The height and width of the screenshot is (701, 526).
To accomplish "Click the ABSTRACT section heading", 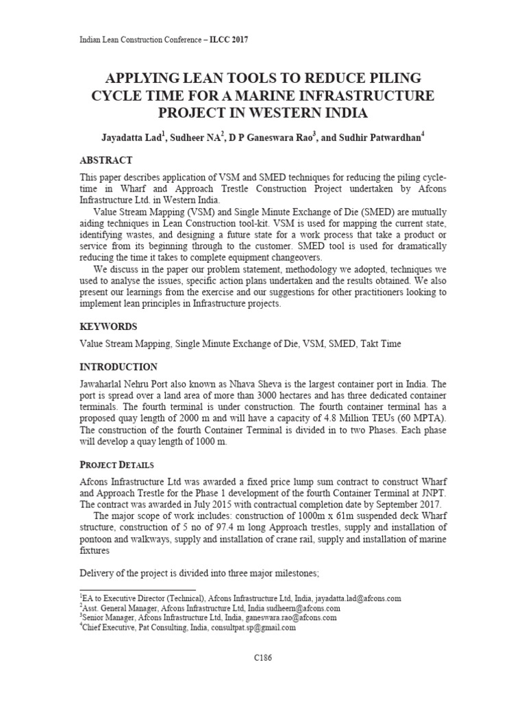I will pyautogui.click(x=106, y=160).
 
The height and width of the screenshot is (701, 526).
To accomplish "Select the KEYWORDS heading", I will pyautogui.click(x=109, y=327).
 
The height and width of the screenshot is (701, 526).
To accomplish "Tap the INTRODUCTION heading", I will pyautogui.click(x=119, y=367).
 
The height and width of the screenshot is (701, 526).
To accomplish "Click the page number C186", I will pyautogui.click(x=262, y=658).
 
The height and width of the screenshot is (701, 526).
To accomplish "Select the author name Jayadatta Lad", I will pyautogui.click(x=132, y=137).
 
